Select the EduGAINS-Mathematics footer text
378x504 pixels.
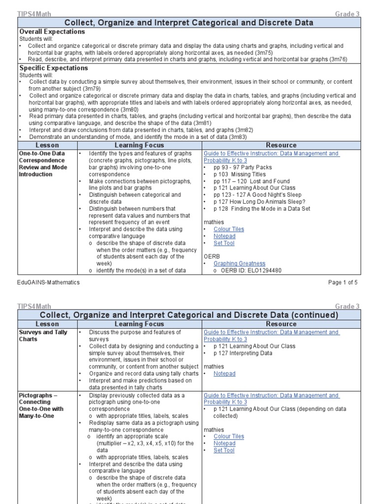coord(48,283)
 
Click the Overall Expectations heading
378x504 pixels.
coord(52,31)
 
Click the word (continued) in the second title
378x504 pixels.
coord(315,315)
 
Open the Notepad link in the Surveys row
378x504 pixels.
coord(224,374)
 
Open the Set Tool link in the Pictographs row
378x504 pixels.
coord(224,450)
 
